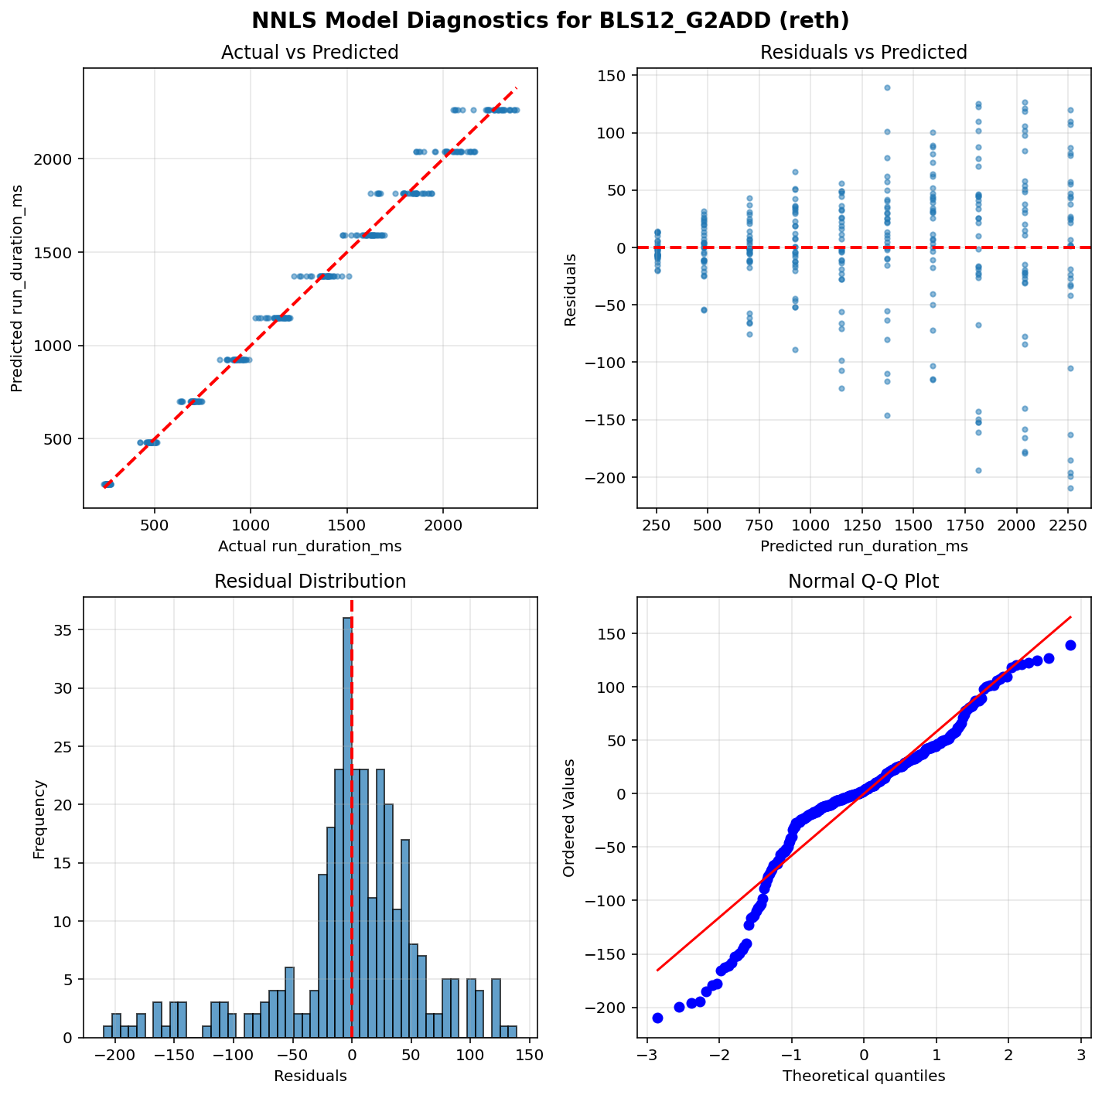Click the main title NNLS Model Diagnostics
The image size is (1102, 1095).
click(550, 20)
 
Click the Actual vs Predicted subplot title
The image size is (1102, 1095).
click(309, 53)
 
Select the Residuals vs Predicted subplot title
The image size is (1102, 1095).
click(863, 53)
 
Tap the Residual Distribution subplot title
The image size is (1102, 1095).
click(309, 582)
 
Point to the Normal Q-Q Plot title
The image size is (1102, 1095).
click(863, 582)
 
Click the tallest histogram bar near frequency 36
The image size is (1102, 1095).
click(347, 827)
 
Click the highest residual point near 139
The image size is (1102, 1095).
click(887, 87)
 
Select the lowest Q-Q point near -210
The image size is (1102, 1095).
click(657, 1018)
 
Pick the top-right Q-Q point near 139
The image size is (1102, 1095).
click(1070, 645)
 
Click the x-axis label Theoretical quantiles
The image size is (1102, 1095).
click(863, 1076)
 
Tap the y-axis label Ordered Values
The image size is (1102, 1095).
click(569, 817)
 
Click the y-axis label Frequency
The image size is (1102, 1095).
click(39, 818)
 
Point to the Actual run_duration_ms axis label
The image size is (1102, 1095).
click(309, 547)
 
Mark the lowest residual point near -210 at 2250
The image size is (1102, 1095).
click(1070, 488)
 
